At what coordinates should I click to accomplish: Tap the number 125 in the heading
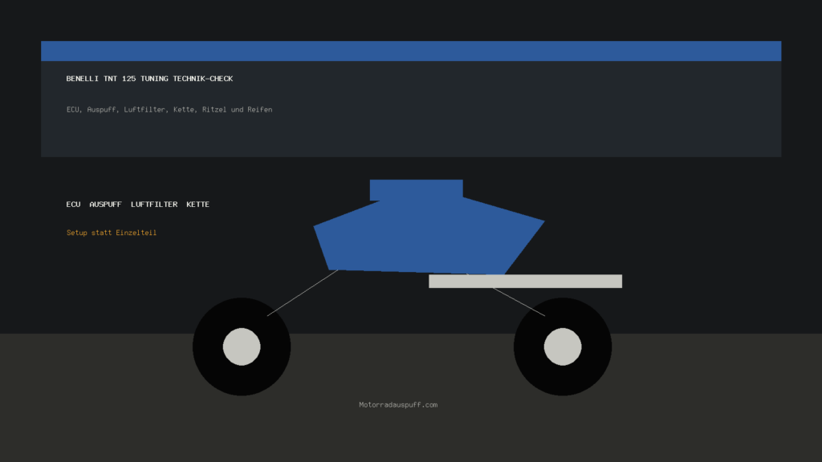[x=128, y=79]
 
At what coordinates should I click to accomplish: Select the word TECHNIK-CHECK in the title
[x=203, y=79]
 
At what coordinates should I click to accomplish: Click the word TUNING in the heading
[x=154, y=79]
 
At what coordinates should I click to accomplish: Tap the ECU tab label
[x=73, y=205]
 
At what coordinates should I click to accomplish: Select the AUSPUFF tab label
[x=105, y=205]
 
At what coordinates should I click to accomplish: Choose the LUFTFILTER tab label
[x=154, y=205]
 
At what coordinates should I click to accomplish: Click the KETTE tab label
[x=197, y=205]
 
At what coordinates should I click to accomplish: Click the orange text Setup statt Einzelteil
[x=112, y=233]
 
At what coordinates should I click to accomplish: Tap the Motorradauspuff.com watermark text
[x=398, y=405]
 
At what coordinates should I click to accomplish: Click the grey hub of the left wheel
[x=242, y=346]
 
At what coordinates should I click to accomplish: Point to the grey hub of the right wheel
[x=563, y=346]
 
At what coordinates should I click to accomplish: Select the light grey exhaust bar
[x=525, y=282]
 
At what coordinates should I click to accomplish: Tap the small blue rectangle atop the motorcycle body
[x=417, y=190]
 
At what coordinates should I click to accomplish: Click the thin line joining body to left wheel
[x=303, y=293]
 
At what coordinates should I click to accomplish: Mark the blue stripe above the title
[x=411, y=51]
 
